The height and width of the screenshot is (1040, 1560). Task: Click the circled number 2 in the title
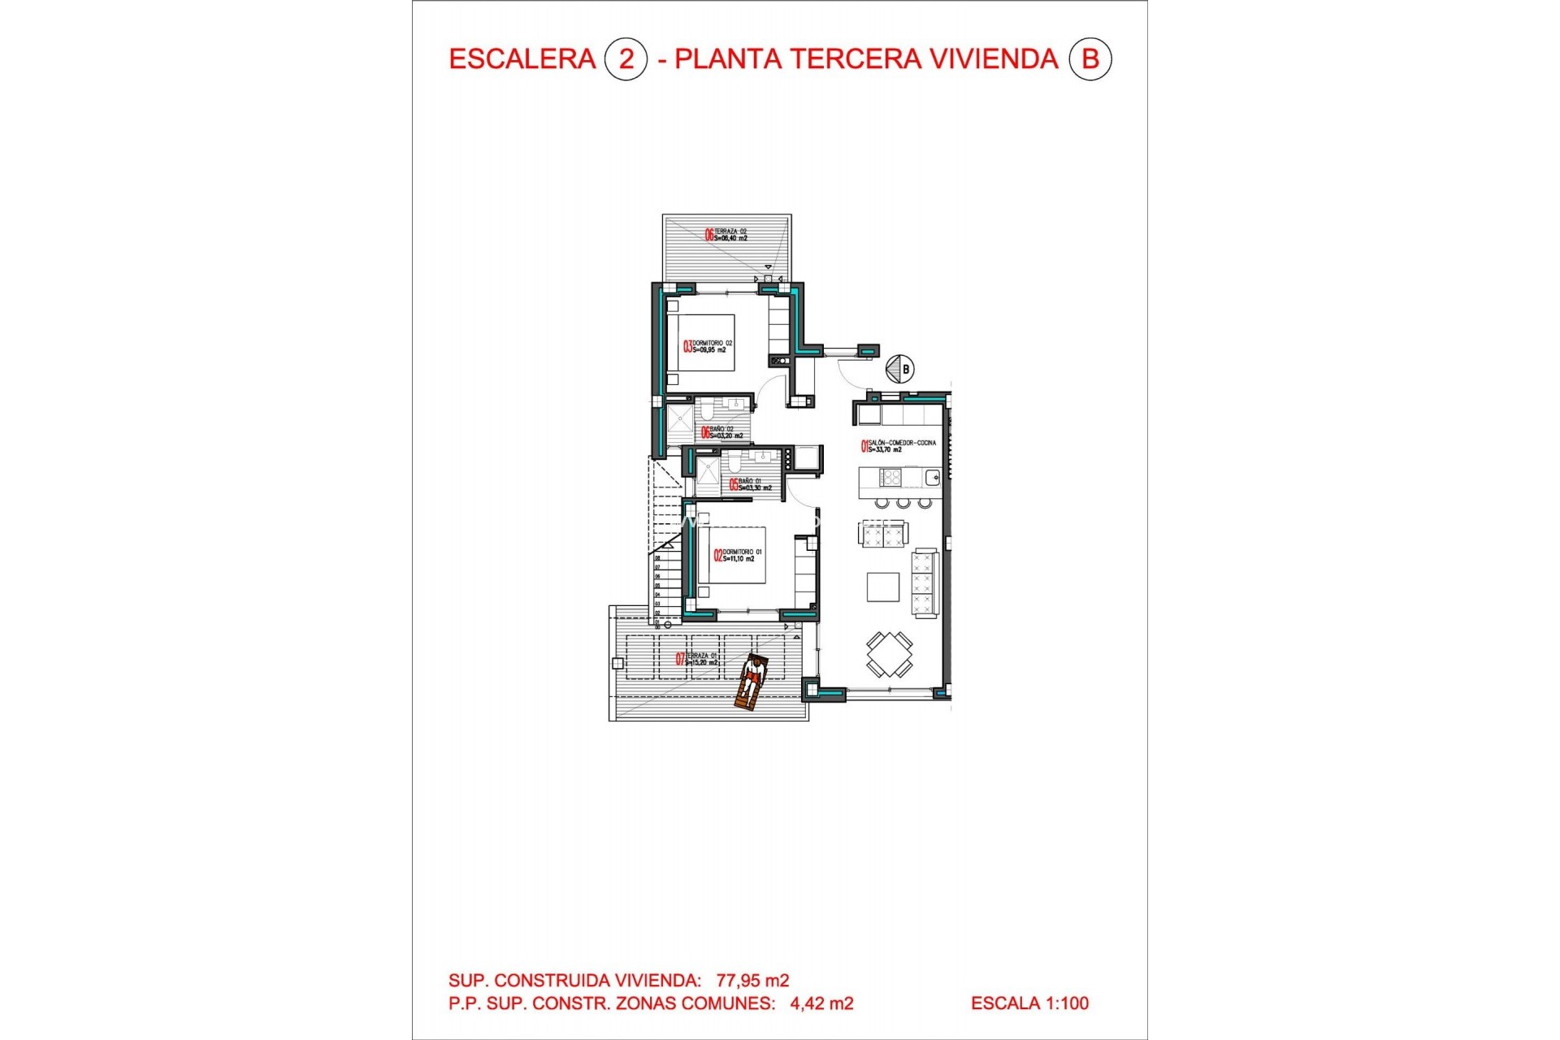(x=626, y=59)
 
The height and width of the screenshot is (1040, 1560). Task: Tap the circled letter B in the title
(x=1090, y=59)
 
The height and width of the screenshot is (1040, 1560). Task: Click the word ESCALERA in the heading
(x=522, y=59)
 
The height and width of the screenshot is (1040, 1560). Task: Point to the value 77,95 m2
(x=752, y=981)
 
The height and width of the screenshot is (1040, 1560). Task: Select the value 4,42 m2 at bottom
(x=821, y=1003)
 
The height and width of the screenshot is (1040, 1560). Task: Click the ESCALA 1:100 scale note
(x=1029, y=1003)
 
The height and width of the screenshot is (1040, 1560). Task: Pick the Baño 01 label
(x=750, y=485)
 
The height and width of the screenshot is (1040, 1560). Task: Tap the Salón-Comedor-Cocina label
(x=898, y=446)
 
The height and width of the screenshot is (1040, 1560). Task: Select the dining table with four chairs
(x=889, y=654)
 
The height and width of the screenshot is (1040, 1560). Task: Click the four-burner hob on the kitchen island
(x=890, y=477)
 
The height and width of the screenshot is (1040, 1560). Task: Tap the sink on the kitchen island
(x=932, y=478)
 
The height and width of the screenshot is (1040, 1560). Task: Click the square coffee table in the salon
(x=882, y=587)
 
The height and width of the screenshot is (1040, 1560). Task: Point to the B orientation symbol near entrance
(x=899, y=369)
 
